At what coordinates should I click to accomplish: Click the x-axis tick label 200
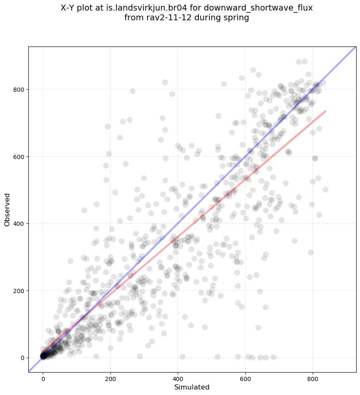click(110, 377)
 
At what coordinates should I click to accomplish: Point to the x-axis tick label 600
click(245, 377)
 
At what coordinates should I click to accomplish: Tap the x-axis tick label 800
click(313, 377)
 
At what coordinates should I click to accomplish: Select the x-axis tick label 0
click(43, 377)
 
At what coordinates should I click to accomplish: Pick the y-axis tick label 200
click(19, 291)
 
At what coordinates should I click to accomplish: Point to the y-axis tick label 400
click(19, 223)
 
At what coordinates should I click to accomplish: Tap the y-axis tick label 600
click(19, 156)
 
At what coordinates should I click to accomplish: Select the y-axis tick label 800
click(19, 89)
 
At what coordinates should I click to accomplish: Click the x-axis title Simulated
click(192, 387)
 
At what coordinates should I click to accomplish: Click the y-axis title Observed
click(7, 210)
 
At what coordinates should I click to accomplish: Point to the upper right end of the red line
click(325, 111)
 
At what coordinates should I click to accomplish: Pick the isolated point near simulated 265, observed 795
click(132, 91)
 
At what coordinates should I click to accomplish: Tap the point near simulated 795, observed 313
click(311, 252)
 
